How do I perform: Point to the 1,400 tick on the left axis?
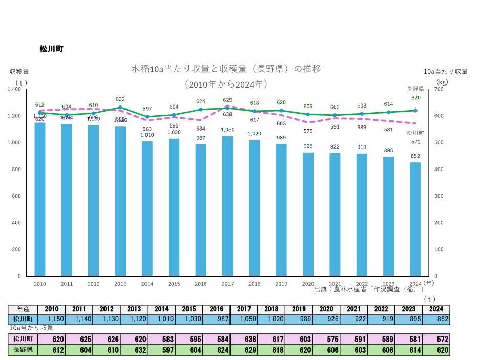14,89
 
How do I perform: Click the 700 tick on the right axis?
439,89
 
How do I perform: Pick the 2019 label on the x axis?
281,283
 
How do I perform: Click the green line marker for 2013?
120,108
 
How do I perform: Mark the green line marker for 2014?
147,117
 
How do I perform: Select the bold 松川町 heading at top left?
51,49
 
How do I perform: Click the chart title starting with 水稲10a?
226,69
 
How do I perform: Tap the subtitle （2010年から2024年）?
226,83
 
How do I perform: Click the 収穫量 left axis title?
19,71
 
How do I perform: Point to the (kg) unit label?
442,81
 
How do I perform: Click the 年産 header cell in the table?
23,309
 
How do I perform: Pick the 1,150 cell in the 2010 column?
51,319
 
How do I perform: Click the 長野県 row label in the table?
23,350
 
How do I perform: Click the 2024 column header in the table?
436,309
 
